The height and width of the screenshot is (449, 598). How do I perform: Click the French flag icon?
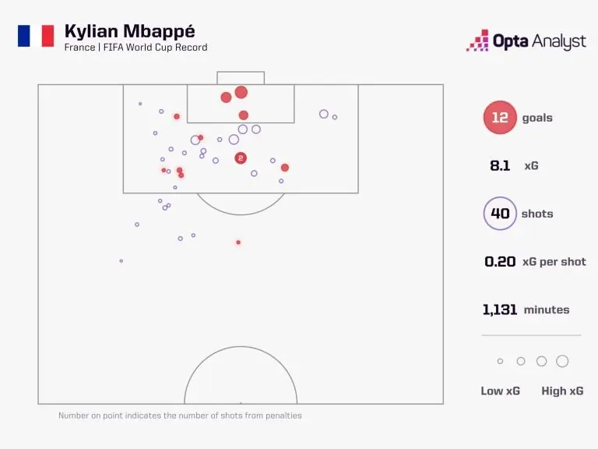(x=36, y=36)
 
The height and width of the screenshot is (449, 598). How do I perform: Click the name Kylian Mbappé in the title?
(x=130, y=31)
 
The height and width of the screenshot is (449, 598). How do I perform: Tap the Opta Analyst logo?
(x=526, y=41)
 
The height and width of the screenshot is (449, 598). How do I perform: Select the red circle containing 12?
(x=500, y=118)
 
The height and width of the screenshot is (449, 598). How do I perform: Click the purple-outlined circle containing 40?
(x=500, y=214)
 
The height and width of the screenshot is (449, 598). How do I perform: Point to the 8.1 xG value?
(x=500, y=166)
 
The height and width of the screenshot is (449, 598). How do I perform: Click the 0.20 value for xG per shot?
(x=500, y=262)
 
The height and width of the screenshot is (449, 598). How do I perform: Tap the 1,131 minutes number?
(x=500, y=309)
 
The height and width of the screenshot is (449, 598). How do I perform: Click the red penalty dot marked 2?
(x=241, y=158)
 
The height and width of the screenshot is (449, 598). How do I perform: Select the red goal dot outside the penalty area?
(x=238, y=242)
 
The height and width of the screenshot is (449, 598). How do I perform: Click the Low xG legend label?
(x=500, y=391)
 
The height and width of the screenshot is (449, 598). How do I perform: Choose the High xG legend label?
(x=562, y=391)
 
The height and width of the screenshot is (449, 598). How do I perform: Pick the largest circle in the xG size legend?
(x=562, y=361)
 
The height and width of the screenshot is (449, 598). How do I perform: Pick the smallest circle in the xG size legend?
(x=500, y=361)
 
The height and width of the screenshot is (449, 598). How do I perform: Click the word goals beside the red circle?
(x=537, y=118)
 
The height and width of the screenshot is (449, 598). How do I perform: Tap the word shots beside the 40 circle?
(x=537, y=214)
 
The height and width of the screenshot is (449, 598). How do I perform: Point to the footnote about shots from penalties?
(x=180, y=415)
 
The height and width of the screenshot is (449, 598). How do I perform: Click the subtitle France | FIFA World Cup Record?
(x=136, y=48)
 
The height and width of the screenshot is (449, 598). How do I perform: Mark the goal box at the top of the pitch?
(x=241, y=78)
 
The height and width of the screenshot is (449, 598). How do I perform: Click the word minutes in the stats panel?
(x=547, y=309)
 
